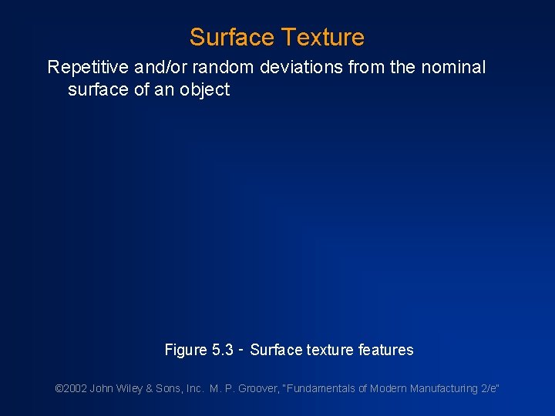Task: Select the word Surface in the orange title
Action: click(231, 37)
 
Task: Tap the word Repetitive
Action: click(87, 68)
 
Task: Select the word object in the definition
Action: click(205, 90)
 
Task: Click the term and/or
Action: click(160, 68)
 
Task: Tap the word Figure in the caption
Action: click(186, 351)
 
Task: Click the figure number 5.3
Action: click(223, 351)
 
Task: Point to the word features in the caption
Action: click(386, 351)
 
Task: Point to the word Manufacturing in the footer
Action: click(440, 388)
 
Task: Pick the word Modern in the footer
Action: click(388, 388)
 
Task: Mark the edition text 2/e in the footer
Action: click(489, 388)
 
